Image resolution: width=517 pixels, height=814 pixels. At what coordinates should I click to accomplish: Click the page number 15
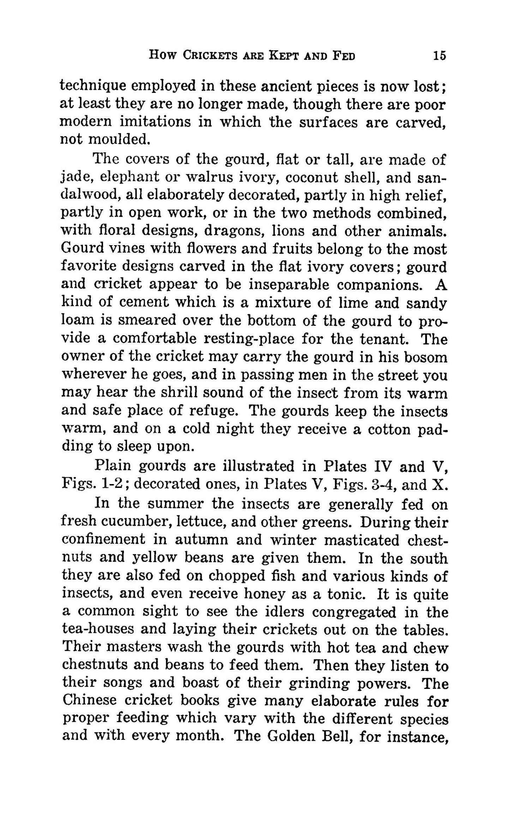pyautogui.click(x=439, y=55)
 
